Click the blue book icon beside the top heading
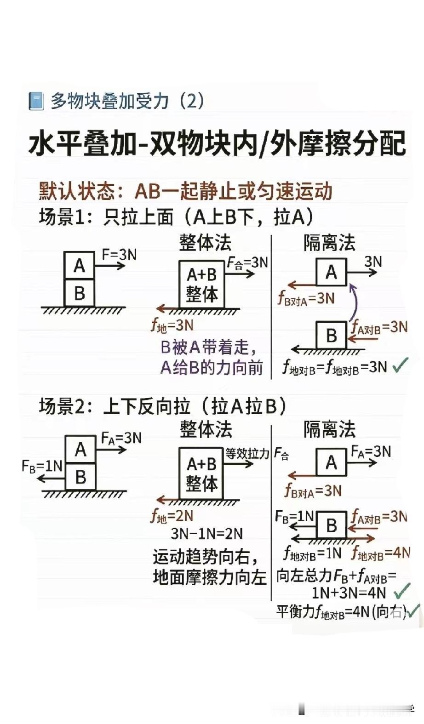tap(36, 101)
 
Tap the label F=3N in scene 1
tap(119, 254)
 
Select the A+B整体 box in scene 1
tap(201, 284)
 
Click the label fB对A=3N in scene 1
tap(306, 299)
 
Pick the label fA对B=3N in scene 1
tap(379, 327)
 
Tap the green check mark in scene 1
tap(401, 365)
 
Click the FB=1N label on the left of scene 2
tap(42, 466)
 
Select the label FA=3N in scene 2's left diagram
tap(121, 438)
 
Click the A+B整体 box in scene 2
tap(201, 473)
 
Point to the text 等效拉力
tap(247, 454)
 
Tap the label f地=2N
tap(172, 516)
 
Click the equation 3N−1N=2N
tap(206, 534)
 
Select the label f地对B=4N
tap(381, 553)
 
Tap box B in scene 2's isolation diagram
tap(331, 525)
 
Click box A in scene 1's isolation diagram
tap(331, 272)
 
